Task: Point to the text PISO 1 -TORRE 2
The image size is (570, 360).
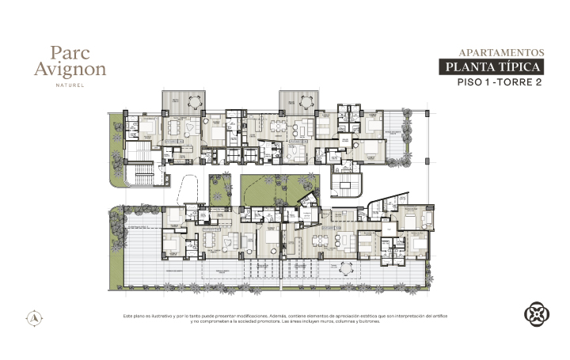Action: coord(504,82)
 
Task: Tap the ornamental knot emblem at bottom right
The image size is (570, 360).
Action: coord(537,313)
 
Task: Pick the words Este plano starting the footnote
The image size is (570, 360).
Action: coord(135,316)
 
